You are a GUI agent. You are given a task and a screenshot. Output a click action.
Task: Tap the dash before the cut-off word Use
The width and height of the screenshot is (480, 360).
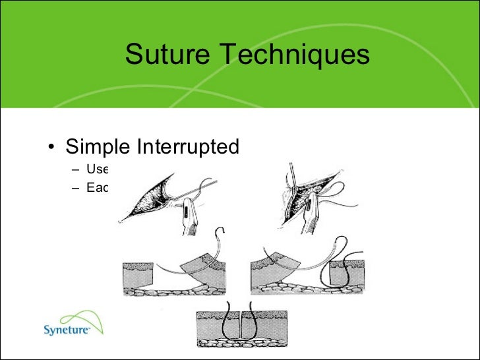click(76, 169)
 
